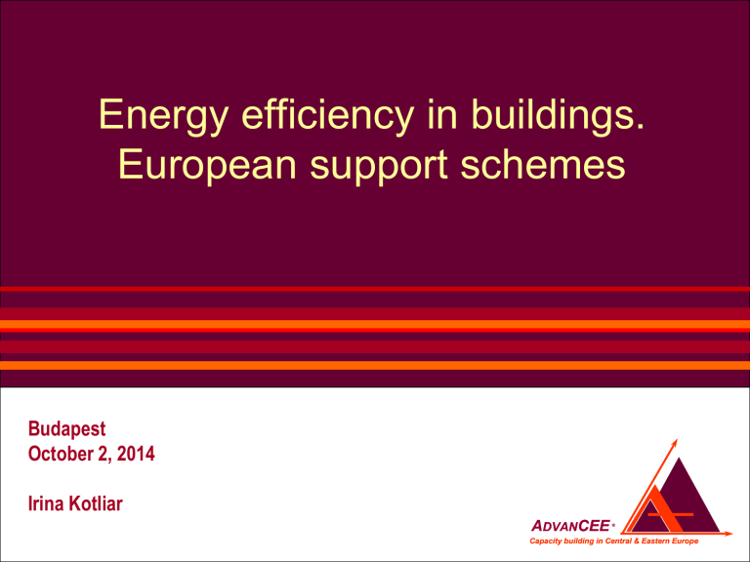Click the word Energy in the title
[163, 117]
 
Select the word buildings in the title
[558, 116]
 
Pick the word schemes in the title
[543, 165]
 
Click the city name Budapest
[67, 429]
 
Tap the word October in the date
[60, 454]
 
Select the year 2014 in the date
[136, 454]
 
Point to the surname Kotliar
[96, 503]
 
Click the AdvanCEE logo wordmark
[571, 526]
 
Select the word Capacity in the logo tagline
[545, 542]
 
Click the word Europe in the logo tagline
[685, 541]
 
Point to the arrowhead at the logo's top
[675, 442]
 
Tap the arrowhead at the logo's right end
[729, 534]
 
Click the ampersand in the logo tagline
[637, 541]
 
